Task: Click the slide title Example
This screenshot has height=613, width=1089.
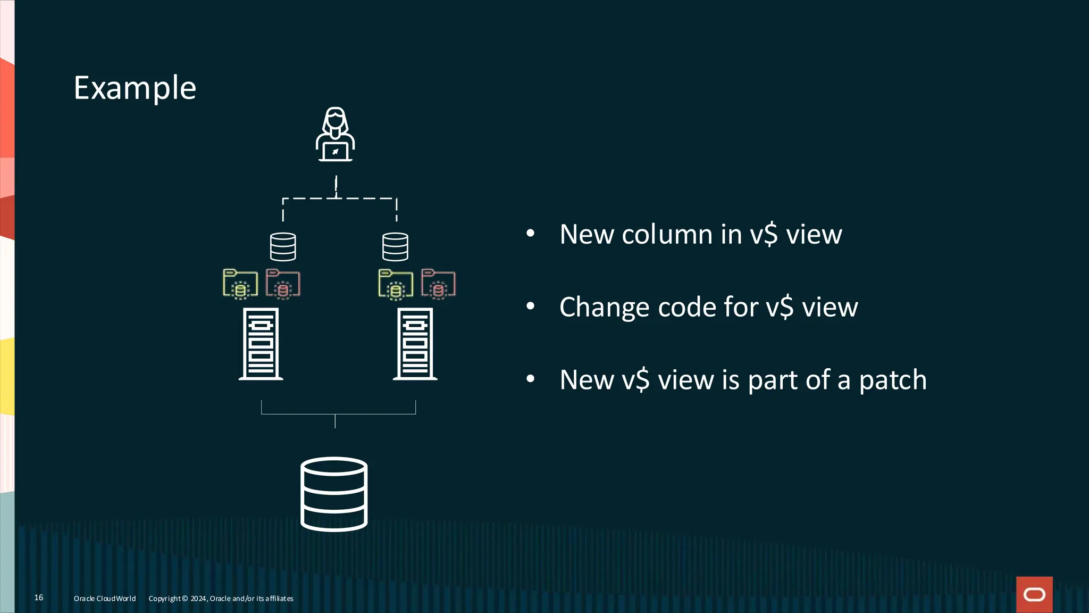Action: [x=135, y=88]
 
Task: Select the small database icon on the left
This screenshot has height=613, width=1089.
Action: [x=283, y=247]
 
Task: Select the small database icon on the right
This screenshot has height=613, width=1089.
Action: [x=395, y=247]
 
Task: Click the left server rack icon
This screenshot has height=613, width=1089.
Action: [x=261, y=344]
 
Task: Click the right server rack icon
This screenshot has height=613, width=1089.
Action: [x=415, y=344]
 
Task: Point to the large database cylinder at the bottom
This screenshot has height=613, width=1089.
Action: [x=334, y=494]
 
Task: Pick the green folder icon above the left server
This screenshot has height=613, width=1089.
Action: [x=240, y=284]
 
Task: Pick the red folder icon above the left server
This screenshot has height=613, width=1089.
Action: [x=283, y=284]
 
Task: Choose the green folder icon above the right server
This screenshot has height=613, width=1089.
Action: [x=395, y=284]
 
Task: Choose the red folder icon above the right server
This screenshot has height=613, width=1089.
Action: [x=438, y=284]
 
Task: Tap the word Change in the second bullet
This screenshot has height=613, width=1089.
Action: [x=604, y=308]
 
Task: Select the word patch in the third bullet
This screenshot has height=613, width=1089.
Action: [x=893, y=380]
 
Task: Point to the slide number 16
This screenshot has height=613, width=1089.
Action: [x=39, y=598]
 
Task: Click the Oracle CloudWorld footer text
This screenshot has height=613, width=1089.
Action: [x=105, y=599]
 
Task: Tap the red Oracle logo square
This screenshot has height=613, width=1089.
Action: [x=1034, y=594]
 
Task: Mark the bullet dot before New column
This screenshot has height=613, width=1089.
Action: [x=530, y=233]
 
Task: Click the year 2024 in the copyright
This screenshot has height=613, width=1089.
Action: [x=198, y=599]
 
